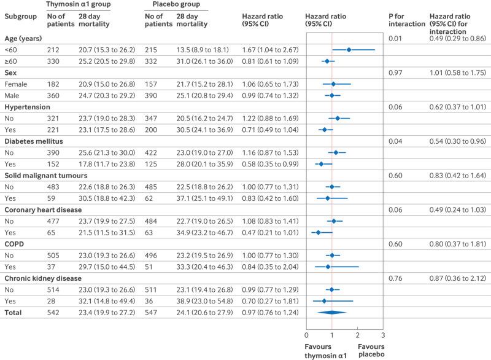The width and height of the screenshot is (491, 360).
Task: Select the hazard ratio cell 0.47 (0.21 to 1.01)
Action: coord(268,230)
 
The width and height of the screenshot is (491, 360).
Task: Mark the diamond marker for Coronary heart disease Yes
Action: coord(318,230)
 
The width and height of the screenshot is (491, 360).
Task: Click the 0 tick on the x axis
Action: coord(306,335)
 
